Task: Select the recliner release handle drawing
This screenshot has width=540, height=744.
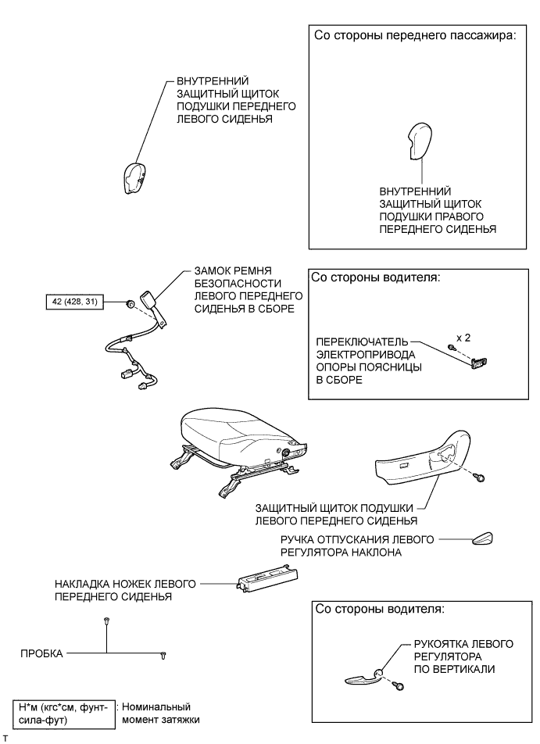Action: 481,538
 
